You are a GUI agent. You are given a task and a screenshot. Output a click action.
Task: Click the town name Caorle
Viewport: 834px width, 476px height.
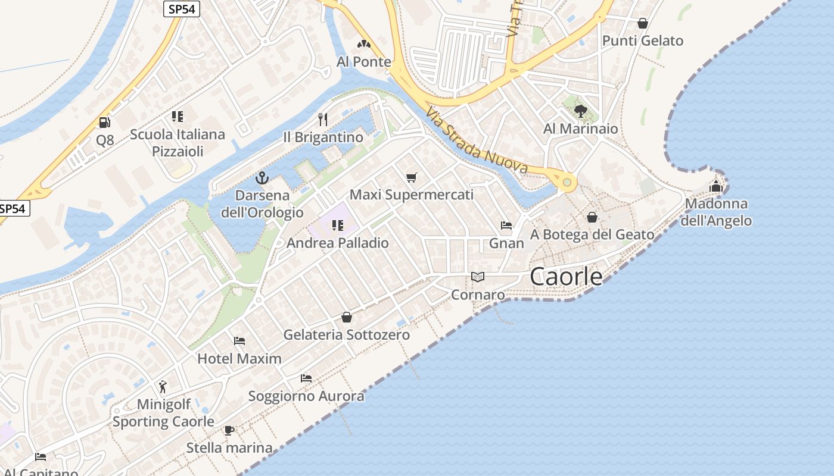point(565,277)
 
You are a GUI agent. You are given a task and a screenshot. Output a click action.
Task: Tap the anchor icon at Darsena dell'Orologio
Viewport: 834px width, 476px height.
point(262,177)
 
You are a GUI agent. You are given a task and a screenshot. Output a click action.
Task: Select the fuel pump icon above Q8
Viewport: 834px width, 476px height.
point(104,123)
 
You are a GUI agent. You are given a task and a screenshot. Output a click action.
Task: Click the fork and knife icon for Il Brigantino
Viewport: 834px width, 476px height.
point(323,120)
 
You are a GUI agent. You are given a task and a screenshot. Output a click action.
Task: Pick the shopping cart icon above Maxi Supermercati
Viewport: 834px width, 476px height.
point(411,177)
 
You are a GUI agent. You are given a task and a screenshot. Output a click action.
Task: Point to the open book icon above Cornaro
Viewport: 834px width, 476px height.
point(478,277)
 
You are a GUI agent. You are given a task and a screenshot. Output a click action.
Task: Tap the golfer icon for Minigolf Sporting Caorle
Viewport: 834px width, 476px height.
point(163,387)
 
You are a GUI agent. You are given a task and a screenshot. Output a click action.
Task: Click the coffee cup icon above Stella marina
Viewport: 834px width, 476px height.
point(229,430)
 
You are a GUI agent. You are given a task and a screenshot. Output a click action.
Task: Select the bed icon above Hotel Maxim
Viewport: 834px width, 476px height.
point(239,341)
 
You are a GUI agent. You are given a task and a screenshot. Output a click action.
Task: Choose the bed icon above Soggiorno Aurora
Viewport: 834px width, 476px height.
point(306,378)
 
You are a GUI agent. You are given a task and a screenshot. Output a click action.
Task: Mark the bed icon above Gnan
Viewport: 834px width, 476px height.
point(506,226)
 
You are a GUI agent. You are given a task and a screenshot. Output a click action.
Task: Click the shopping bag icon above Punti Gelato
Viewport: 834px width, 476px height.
point(642,23)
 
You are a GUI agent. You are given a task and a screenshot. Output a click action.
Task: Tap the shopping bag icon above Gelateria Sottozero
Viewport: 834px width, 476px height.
point(346,317)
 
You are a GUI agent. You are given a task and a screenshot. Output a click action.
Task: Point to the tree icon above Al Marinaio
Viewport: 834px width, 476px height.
point(580,111)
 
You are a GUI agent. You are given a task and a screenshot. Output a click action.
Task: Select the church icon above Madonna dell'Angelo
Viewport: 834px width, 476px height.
point(715,186)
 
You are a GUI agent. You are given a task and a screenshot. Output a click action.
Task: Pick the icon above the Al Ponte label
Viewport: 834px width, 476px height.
point(363,44)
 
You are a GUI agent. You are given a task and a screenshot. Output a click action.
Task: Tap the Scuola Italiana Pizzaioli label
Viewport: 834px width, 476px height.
point(178,143)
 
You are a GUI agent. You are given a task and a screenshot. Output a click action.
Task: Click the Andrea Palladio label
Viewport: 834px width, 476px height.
point(337,243)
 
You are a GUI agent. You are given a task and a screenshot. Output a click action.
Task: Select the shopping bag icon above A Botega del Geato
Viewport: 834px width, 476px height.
point(592,217)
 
